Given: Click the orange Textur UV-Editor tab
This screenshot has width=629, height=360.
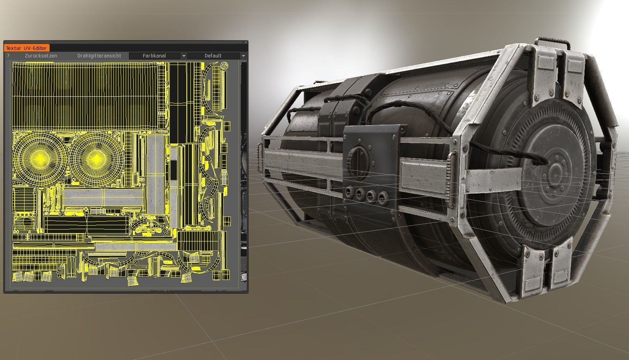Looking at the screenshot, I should click(x=26, y=48).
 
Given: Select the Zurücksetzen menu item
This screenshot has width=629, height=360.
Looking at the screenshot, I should click(x=41, y=56).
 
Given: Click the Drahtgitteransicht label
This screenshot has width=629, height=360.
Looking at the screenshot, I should click(x=99, y=56).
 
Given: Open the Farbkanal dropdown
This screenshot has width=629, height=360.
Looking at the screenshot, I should click(x=154, y=56).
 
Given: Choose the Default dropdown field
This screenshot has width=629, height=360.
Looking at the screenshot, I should click(x=213, y=56).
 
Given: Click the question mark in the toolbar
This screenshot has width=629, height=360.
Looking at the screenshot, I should click(x=8, y=56).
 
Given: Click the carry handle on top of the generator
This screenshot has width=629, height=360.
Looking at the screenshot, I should click(x=551, y=41).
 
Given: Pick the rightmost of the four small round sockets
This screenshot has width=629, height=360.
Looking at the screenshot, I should click(x=382, y=196).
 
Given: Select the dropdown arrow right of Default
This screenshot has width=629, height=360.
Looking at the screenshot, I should click(x=243, y=56).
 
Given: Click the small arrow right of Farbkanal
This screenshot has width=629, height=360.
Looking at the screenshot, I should click(x=184, y=56).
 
